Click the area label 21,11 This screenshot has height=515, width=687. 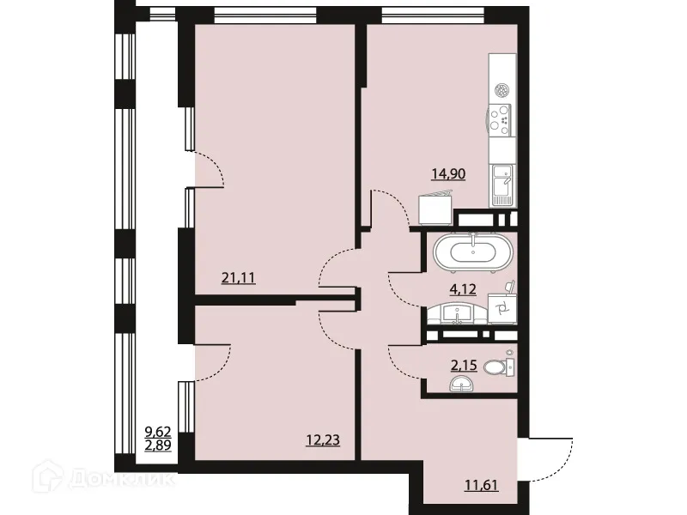(x=239, y=277)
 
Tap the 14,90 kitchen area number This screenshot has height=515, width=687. (x=448, y=174)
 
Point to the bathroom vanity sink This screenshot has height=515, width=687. (x=458, y=315)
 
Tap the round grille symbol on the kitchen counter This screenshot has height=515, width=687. (x=502, y=88)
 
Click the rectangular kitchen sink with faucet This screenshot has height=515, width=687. (x=502, y=185)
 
